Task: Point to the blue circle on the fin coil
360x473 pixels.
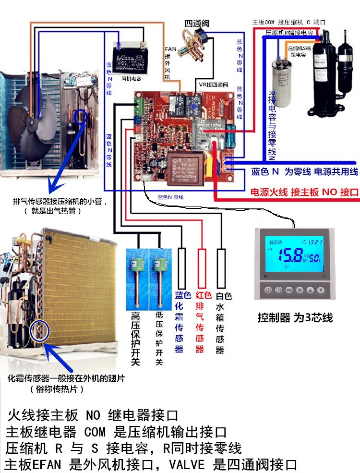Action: point(38,332)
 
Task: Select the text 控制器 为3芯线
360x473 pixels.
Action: point(295,317)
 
